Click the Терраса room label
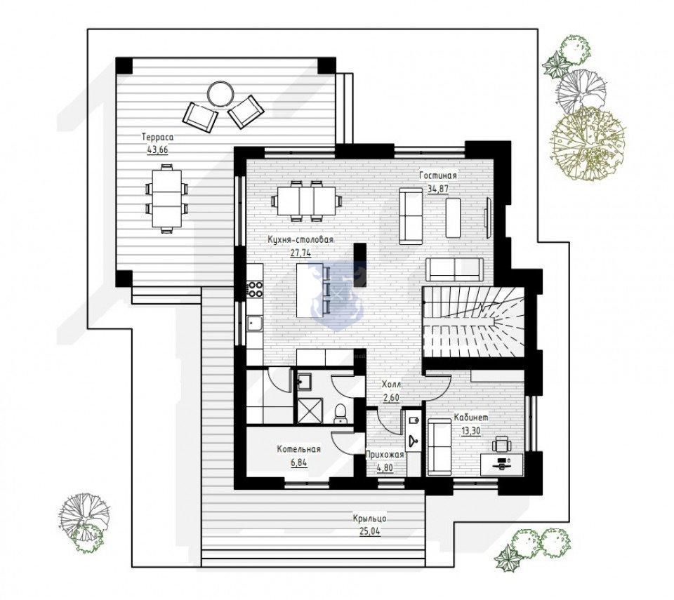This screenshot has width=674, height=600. [157, 138]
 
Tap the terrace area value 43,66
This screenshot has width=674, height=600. [157, 150]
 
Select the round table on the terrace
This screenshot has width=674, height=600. [220, 93]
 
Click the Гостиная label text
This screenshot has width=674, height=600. [438, 175]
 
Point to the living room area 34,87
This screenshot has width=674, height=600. [438, 188]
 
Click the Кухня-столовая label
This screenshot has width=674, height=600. [300, 240]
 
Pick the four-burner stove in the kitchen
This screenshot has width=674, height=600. [254, 289]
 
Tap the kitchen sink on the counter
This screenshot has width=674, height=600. [255, 323]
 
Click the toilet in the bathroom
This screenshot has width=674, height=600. [341, 413]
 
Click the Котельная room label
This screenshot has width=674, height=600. [299, 450]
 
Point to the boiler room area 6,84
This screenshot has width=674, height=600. [299, 462]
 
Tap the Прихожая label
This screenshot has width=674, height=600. [385, 455]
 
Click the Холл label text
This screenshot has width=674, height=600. [392, 385]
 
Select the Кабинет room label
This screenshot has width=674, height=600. [471, 418]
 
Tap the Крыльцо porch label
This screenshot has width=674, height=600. [370, 519]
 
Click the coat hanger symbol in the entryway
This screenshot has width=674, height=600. [414, 440]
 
